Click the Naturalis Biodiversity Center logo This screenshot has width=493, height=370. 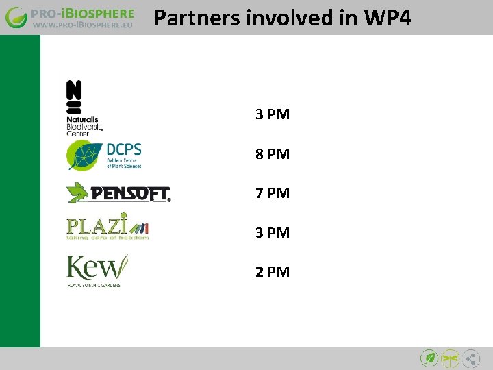pos(84,108)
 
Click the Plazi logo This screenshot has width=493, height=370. pos(107,226)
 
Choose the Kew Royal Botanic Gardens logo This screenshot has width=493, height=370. pos(97,270)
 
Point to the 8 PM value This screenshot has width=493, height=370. pos(273,154)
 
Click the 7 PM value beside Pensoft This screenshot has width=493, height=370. pos(273,193)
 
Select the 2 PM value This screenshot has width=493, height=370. pos(273,271)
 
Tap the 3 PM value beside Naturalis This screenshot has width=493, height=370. pos(273,114)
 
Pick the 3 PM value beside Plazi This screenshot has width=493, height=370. pos(273,232)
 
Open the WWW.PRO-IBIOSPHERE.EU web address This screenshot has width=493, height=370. pos(83,26)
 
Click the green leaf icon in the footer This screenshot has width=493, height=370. pos(429,358)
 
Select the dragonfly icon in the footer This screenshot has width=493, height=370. pos(450,358)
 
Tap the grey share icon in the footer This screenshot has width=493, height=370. pos(470,358)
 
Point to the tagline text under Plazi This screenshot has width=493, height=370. pos(107,238)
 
